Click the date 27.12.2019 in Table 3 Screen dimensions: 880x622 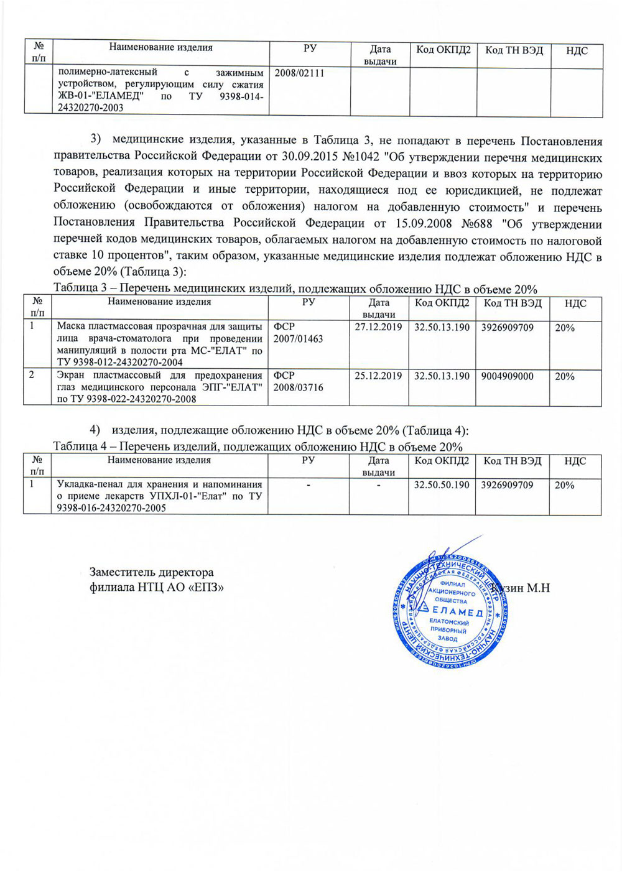[x=378, y=327]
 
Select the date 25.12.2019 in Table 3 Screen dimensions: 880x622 [x=378, y=376]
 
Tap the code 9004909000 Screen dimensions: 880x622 [x=507, y=376]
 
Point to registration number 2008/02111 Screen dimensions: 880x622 [x=300, y=73]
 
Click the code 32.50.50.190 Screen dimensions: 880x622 [x=442, y=485]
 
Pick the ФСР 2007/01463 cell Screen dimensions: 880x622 [x=299, y=333]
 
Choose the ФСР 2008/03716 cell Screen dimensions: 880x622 [x=299, y=381]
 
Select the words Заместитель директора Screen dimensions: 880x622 [x=152, y=572]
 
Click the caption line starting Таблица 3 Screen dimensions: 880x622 [x=295, y=289]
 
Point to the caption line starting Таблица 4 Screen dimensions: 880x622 [x=258, y=447]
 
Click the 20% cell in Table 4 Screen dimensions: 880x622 [x=565, y=485]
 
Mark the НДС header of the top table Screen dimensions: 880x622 [x=577, y=50]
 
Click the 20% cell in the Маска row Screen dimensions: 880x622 [x=565, y=327]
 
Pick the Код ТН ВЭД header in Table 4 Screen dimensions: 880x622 [x=513, y=461]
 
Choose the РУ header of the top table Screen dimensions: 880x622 [x=310, y=48]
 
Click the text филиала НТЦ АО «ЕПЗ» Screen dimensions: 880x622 [x=157, y=587]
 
